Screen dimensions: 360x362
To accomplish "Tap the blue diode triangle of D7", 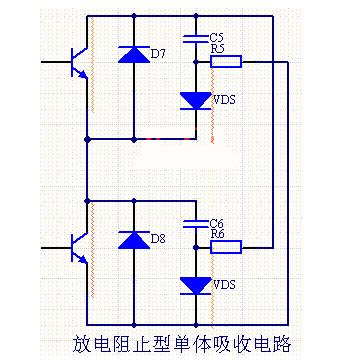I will [x=131, y=55].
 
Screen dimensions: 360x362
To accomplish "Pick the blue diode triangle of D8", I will [x=131, y=240].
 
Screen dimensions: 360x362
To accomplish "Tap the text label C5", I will [x=219, y=36].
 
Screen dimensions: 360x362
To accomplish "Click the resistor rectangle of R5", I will [x=226, y=62].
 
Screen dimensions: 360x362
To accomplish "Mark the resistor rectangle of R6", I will [x=226, y=246].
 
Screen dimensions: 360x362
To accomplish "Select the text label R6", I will [x=219, y=234].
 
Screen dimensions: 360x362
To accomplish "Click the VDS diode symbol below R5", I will [x=194, y=100].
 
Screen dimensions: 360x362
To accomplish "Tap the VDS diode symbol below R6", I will [x=194, y=285].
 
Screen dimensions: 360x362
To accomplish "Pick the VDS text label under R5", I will [x=225, y=100].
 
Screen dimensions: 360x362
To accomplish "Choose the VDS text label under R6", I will [x=225, y=285].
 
